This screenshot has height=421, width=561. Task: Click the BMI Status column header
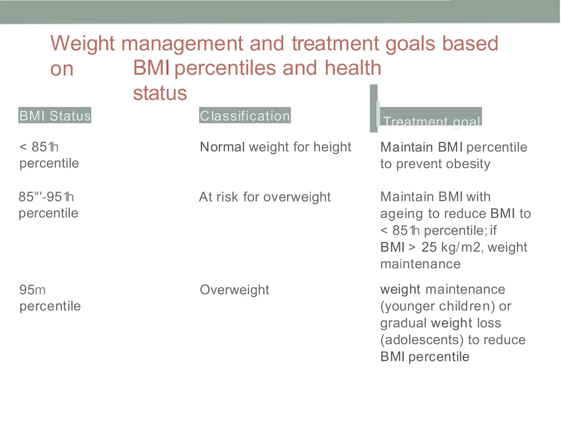click(55, 115)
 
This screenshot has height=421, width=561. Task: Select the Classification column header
click(245, 115)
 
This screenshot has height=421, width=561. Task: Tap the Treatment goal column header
click(431, 121)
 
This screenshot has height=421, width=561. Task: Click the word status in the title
click(160, 93)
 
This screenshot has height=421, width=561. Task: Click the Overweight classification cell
click(234, 290)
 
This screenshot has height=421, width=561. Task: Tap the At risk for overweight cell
click(265, 197)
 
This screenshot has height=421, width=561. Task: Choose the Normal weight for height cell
click(276, 147)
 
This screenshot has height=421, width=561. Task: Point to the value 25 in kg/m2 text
click(429, 247)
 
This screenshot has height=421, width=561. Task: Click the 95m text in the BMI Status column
click(32, 290)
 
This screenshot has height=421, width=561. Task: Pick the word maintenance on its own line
click(420, 264)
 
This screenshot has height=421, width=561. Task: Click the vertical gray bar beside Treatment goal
click(374, 109)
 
